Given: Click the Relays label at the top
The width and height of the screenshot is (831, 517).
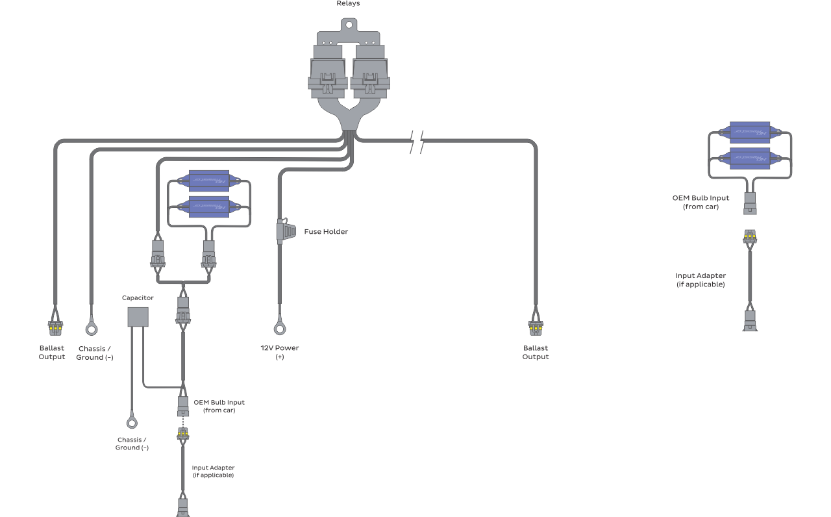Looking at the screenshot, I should coord(348,4).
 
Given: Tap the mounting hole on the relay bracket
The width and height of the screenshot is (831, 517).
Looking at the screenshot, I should coord(349,25).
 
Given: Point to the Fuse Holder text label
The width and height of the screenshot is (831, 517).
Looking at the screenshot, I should coord(326,232).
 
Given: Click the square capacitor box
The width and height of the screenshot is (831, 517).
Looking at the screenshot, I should coord(137,316).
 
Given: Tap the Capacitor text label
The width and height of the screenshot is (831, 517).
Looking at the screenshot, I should coord(138,298).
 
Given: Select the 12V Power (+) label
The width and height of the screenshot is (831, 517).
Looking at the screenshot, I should coord(279,352).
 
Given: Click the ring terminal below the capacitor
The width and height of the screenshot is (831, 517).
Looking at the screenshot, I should coord(132,423).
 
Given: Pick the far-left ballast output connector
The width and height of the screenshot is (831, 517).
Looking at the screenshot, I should coord(55,328).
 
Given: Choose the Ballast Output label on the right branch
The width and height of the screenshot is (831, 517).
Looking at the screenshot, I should coord(536,352).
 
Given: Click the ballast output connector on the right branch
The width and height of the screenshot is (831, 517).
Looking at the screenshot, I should coord(536,328).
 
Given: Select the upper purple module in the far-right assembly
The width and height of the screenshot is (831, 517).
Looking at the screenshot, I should coord(750,132).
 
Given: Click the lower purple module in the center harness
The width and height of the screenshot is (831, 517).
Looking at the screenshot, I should coord(209,206).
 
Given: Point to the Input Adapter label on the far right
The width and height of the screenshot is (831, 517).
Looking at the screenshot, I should coord(701,280).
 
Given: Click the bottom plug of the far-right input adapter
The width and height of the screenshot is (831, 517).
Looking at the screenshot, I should coord(750,322).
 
